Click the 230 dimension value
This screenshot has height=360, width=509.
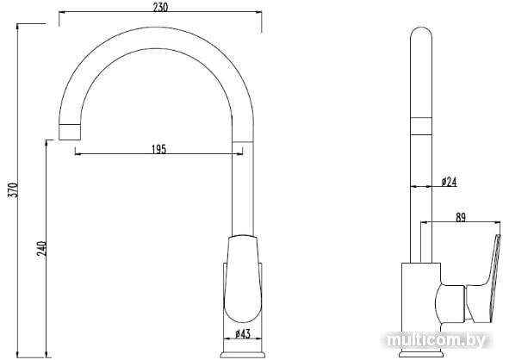click(x=160, y=7)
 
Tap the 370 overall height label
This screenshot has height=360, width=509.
click(x=13, y=190)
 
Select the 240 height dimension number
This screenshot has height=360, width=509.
click(x=42, y=248)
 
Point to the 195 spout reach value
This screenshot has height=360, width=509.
click(x=159, y=149)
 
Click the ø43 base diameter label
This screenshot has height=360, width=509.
click(x=243, y=333)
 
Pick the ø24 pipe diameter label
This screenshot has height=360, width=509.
click(x=449, y=182)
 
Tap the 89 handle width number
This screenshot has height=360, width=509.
click(x=460, y=218)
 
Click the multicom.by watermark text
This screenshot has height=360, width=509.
click(x=437, y=340)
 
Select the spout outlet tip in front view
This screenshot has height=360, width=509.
click(x=70, y=132)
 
